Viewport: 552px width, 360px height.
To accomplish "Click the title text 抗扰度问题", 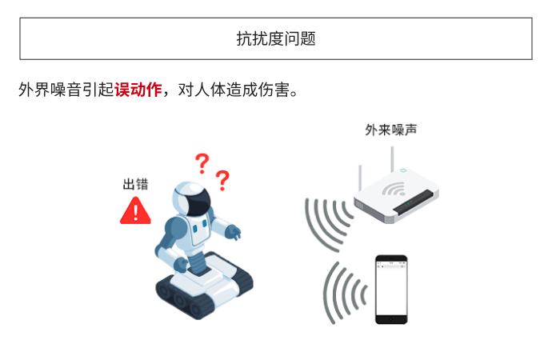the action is pos(276,38).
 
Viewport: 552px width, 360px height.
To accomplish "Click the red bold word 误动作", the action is pos(138,90).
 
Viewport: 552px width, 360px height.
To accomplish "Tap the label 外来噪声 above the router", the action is pos(390,130).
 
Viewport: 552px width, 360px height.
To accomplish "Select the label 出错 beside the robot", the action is pos(135,184).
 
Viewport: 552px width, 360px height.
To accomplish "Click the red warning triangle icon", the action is pos(135,210).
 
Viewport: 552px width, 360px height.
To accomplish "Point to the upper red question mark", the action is pos(202,163).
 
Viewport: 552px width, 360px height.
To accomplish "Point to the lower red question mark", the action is pos(222,180).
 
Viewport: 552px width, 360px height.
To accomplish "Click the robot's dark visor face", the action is pos(198,202).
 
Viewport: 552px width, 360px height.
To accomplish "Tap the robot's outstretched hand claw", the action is pos(233,232).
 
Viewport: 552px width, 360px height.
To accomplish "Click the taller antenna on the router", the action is pos(392,159).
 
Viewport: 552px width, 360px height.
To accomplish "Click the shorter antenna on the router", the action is pos(360,178).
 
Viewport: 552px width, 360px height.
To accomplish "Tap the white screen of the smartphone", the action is pos(391,290).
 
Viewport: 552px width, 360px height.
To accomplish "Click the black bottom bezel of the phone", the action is pos(391,320).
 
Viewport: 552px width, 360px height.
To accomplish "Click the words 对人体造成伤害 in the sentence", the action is pos(234,90).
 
